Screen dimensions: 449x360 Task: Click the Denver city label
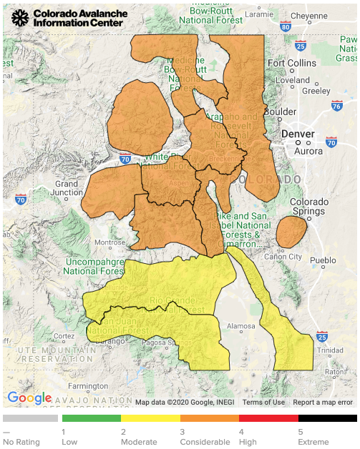pos(298,134)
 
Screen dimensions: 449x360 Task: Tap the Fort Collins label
pos(291,63)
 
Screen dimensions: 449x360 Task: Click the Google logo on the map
pos(29,398)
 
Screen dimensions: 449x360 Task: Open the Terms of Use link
pos(263,402)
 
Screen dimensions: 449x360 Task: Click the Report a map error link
pos(323,402)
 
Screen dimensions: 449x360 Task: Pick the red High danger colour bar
pos(268,418)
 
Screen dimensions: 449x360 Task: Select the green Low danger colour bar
pos(92,418)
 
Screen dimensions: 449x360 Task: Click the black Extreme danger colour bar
pos(327,418)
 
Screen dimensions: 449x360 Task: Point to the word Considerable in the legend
pos(204,442)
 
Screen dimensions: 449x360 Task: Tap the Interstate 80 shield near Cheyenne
pos(286,28)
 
